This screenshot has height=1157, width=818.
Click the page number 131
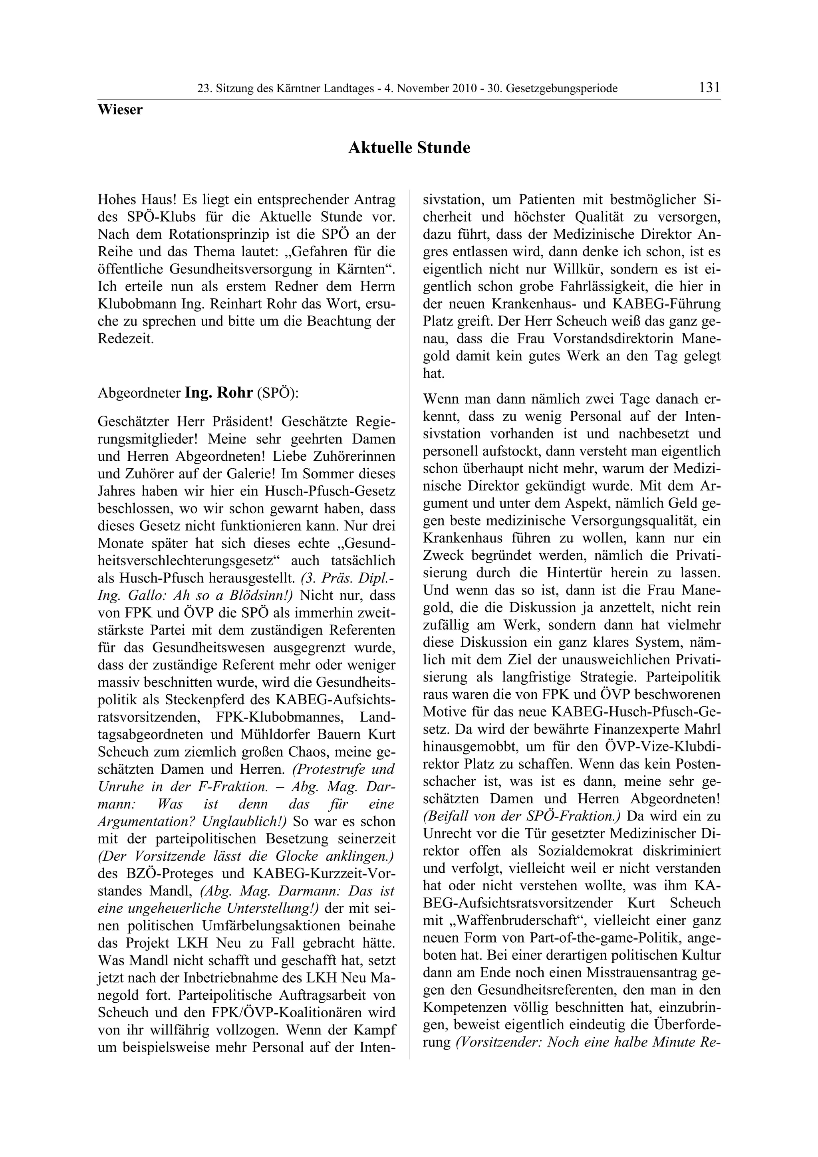(709, 88)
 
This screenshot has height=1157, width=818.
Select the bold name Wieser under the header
(120, 110)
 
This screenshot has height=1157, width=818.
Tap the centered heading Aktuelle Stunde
(409, 148)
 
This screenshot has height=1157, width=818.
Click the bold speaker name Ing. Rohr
(219, 392)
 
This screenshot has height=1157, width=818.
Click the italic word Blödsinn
(262, 595)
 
